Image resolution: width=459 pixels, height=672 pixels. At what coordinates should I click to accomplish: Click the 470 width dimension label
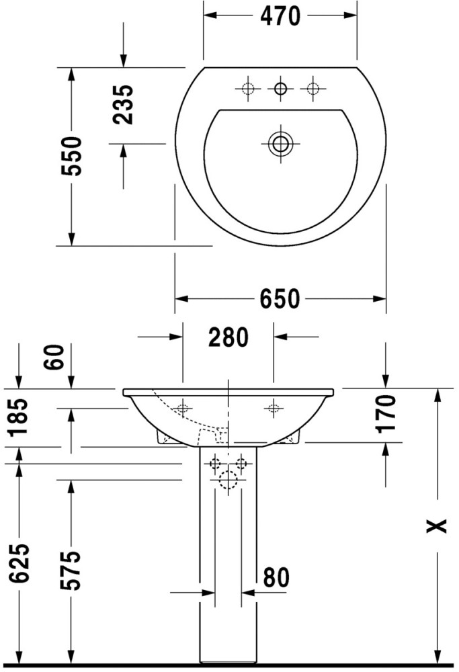coord(280,17)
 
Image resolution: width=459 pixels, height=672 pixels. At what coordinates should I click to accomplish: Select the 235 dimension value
coord(124,105)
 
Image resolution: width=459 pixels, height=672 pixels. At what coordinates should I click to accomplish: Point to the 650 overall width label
coord(280,299)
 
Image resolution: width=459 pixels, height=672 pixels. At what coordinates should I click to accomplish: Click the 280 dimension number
coord(228,337)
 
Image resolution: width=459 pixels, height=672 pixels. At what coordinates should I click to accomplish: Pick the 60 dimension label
coord(54,357)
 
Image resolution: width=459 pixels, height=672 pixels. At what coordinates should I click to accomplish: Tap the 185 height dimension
coord(18,417)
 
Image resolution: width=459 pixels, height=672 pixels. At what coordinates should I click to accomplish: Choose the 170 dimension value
coord(386,414)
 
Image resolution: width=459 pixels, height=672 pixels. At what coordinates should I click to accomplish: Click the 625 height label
coord(19,563)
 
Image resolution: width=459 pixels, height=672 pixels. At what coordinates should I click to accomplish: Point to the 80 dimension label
coord(276,578)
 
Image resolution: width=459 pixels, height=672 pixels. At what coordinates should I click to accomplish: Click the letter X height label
coord(436,526)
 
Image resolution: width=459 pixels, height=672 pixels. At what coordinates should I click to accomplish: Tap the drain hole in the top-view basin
coord(280,144)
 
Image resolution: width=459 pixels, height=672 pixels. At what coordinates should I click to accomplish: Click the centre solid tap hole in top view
coord(280,89)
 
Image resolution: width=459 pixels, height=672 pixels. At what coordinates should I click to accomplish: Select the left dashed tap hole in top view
coord(248,89)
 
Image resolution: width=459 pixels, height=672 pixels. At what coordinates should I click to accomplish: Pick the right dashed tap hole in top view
coord(313,89)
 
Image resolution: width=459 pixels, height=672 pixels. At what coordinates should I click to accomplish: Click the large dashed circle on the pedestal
coord(228,480)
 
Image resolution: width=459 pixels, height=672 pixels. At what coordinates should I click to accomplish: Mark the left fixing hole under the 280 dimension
coord(183,408)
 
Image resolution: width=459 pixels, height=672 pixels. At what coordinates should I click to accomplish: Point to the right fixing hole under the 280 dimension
coord(274,408)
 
